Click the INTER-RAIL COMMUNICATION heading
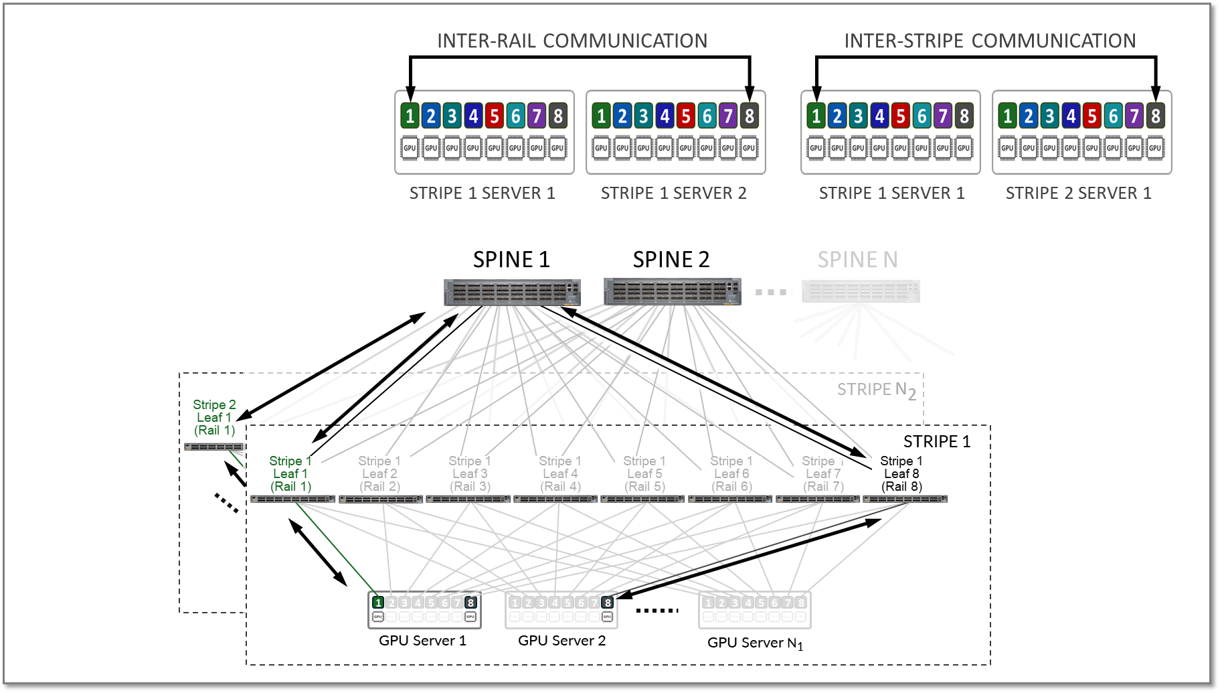click(x=572, y=41)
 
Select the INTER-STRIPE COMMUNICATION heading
click(x=990, y=41)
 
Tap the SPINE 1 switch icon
click(x=512, y=293)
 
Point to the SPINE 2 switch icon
click(x=673, y=292)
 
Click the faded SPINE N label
click(x=857, y=260)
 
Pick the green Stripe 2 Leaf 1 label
click(x=214, y=417)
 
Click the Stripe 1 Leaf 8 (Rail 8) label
click(x=901, y=473)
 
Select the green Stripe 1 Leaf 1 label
click(x=290, y=473)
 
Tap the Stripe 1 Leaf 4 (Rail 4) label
click(x=560, y=473)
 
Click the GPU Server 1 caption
click(x=422, y=641)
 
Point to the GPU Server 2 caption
click(x=561, y=641)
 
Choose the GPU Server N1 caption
click(x=754, y=643)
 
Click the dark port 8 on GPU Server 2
click(x=607, y=603)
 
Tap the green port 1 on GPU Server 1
click(x=378, y=603)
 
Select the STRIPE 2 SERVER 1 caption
click(x=1078, y=194)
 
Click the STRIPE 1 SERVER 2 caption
click(x=673, y=194)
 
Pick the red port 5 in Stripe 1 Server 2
click(x=685, y=116)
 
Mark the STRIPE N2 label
click(x=876, y=390)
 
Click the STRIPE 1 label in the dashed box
click(x=936, y=442)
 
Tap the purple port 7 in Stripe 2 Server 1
click(x=1134, y=116)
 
